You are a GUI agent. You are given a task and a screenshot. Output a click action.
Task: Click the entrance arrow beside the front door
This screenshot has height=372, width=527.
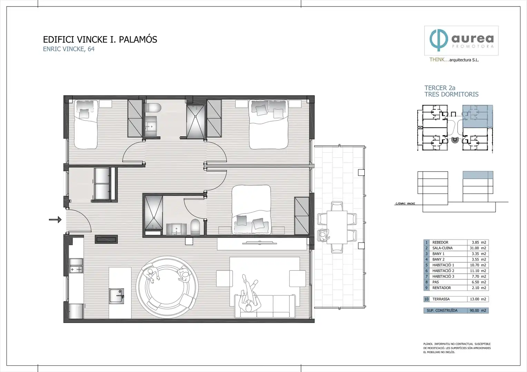coord(55,220)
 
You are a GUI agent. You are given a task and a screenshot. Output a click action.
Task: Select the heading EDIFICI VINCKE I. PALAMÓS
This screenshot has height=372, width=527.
coord(100,39)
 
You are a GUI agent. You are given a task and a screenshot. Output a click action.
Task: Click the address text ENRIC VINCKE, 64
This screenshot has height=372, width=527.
coord(69,49)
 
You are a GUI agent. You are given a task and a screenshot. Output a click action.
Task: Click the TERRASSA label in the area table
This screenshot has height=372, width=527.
coord(441,299)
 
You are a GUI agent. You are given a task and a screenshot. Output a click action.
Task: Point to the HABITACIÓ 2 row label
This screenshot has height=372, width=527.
coord(443,271)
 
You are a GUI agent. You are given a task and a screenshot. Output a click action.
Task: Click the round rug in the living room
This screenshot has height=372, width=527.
coord(167,287)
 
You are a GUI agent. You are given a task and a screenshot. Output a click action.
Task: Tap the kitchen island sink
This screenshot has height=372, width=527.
coord(116,296)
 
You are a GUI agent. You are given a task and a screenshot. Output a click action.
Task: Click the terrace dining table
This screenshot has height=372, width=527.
coord(337,227)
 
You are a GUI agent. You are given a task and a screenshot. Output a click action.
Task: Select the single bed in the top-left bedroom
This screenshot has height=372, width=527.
coord(86,124)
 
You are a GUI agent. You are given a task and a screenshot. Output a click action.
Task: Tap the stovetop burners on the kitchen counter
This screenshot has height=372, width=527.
coord(76,269)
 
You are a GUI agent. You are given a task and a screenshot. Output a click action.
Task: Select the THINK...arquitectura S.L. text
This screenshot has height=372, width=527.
coord(454,60)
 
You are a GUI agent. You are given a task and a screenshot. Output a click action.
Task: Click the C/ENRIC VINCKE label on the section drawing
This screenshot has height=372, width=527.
coord(405,204)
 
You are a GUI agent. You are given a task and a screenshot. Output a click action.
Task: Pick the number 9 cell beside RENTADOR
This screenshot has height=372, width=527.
coord(426,288)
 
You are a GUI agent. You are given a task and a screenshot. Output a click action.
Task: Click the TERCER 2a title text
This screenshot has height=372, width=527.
coord(440,88)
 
